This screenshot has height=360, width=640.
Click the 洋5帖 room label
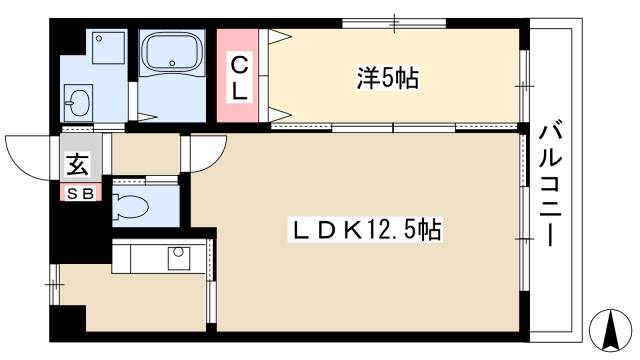point(386,76)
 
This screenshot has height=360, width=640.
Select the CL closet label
point(241,76)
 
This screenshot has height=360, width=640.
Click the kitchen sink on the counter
point(178,256)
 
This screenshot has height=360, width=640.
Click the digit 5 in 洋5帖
point(386,76)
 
